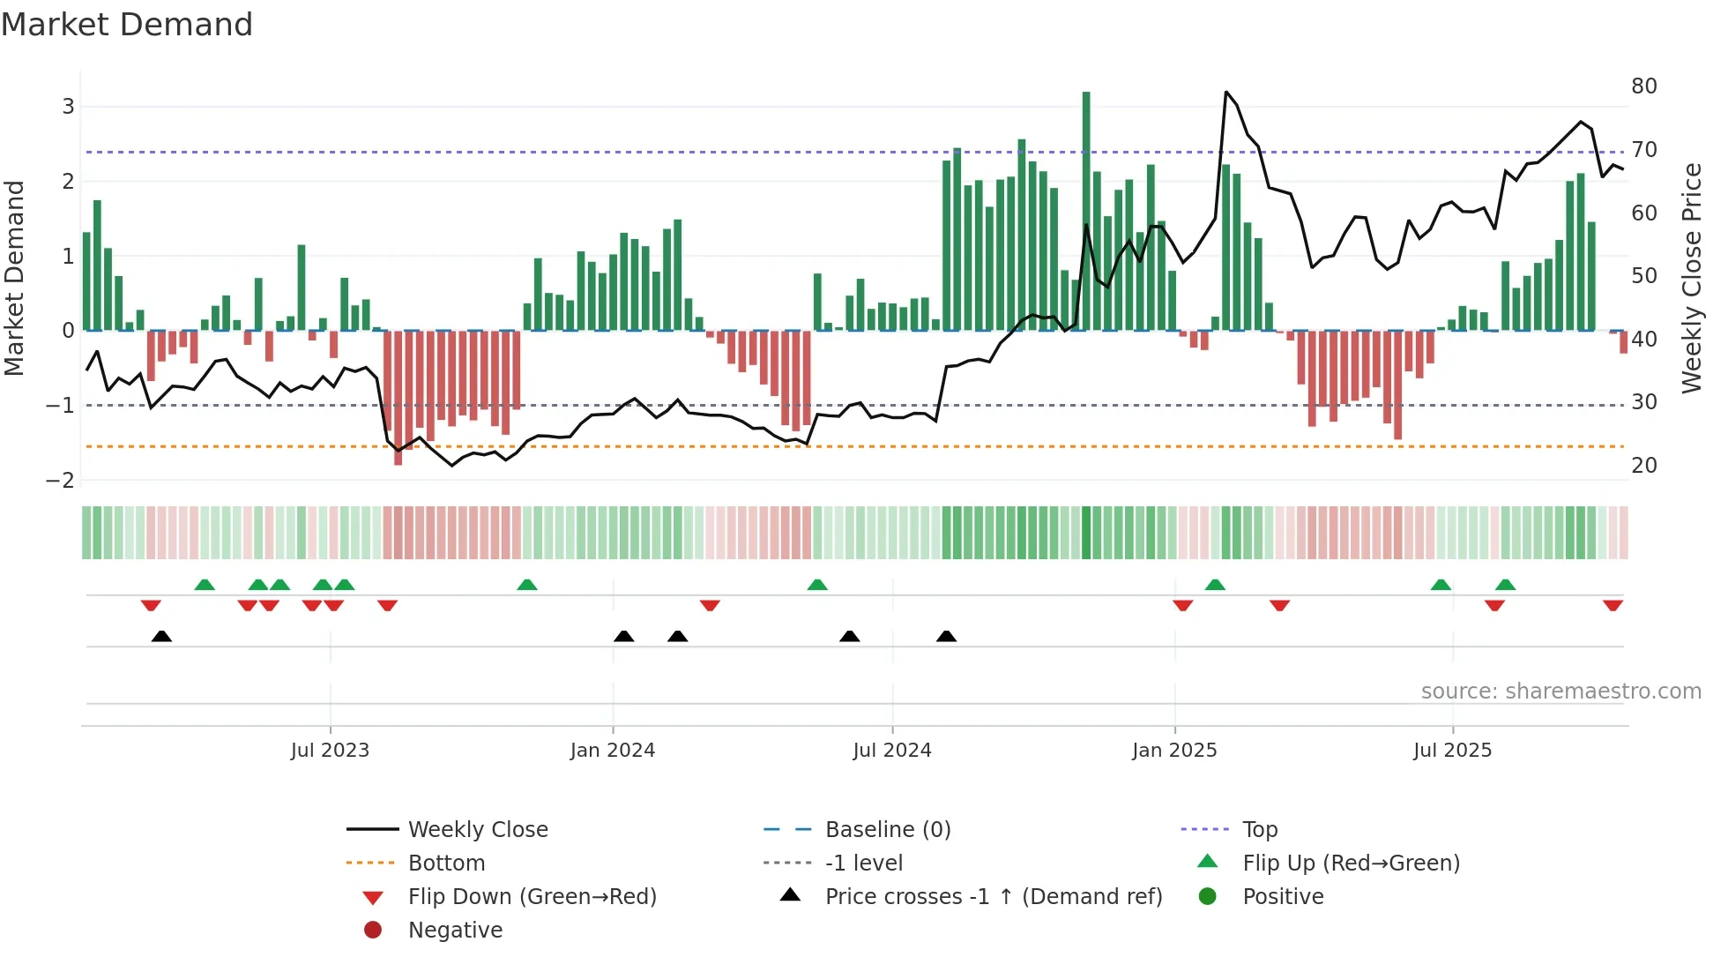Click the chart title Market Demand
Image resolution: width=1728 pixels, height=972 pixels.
(127, 25)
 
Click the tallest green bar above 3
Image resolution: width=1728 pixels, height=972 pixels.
(1086, 212)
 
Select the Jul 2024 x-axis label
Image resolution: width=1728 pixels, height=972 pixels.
(891, 751)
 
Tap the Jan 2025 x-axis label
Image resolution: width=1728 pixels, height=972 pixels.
(1174, 751)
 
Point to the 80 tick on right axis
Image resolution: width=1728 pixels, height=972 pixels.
(1643, 86)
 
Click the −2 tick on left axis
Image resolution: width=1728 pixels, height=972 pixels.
(61, 481)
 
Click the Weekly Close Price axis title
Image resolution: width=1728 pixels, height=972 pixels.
(1691, 278)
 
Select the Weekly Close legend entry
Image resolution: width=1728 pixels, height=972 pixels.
(477, 830)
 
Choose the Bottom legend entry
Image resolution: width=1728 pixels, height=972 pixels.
(446, 864)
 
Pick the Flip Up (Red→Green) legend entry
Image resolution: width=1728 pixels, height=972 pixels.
(1351, 864)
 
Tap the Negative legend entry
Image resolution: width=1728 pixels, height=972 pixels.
(455, 931)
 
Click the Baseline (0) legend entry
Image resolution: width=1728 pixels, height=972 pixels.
(888, 830)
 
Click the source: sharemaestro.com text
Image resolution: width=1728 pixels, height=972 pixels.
(1560, 692)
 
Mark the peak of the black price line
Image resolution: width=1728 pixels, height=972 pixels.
(1226, 92)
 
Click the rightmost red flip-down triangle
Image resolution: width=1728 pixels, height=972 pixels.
(1613, 606)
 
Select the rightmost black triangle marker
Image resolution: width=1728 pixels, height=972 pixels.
(946, 636)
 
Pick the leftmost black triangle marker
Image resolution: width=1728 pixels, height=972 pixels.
(161, 636)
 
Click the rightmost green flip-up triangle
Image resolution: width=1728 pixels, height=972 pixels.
(1505, 585)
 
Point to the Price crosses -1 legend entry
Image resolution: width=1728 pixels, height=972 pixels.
(994, 897)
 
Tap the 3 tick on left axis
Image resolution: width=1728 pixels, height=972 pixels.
(68, 107)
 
